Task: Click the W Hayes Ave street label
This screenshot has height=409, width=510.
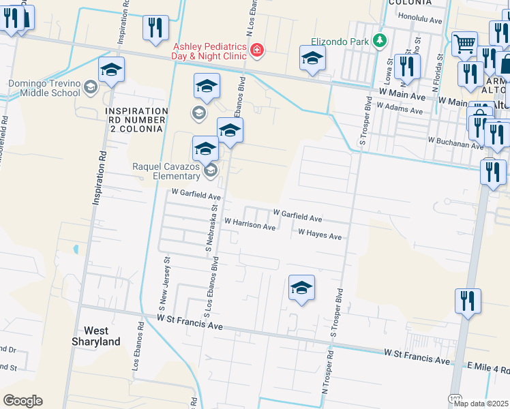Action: click(x=320, y=234)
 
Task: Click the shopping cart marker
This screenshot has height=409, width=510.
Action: click(x=464, y=44)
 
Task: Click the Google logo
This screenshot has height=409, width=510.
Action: click(x=22, y=401)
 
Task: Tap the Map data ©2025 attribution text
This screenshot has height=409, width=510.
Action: click(x=481, y=404)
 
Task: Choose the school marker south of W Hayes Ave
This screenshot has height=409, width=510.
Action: click(x=301, y=288)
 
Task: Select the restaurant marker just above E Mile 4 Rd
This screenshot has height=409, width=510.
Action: click(x=468, y=301)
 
